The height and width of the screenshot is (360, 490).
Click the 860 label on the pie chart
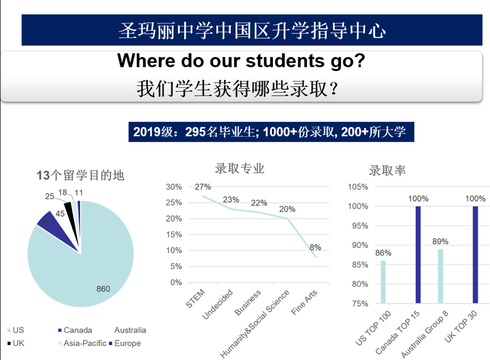(x=103, y=289)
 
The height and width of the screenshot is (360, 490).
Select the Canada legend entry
(x=75, y=330)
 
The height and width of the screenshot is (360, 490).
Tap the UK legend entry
(x=15, y=344)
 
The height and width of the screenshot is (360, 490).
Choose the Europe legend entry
(x=124, y=344)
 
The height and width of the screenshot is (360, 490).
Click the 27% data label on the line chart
(x=203, y=187)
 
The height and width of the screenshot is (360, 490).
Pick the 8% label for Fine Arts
(x=315, y=247)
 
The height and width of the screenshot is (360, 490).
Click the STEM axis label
(x=196, y=299)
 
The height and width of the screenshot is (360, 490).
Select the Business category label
(x=248, y=303)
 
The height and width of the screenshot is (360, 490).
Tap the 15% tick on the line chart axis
(x=174, y=234)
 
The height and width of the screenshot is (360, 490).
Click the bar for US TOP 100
(x=383, y=282)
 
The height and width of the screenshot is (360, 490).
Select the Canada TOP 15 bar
(x=418, y=255)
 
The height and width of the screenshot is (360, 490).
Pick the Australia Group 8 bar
(x=441, y=276)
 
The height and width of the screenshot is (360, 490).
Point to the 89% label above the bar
(x=441, y=242)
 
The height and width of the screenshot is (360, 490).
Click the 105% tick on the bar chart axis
(x=358, y=187)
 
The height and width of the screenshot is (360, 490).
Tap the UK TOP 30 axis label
(x=461, y=326)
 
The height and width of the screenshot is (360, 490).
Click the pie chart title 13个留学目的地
(x=81, y=175)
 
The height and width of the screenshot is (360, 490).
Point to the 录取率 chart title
(x=388, y=171)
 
